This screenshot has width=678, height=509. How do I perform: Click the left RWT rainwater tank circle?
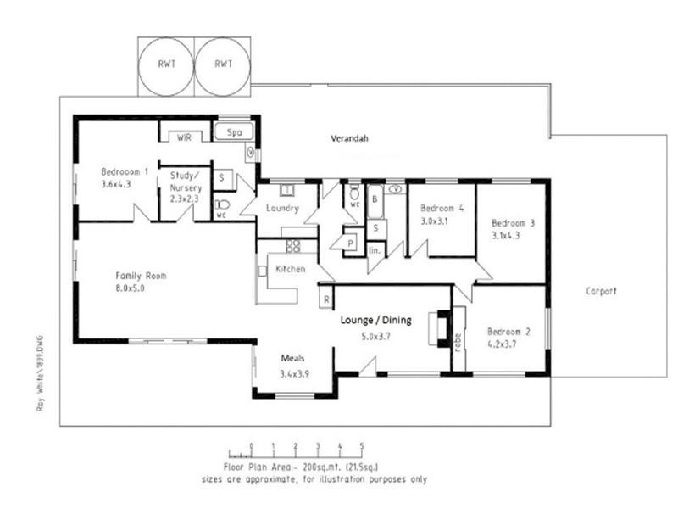click(x=165, y=64)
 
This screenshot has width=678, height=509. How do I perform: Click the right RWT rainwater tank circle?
click(x=223, y=64)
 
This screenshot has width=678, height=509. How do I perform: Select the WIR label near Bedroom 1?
click(x=184, y=137)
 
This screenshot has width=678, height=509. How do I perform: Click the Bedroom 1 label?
click(x=125, y=171)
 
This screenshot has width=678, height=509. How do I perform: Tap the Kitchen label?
click(x=291, y=270)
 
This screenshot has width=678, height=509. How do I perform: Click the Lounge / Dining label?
click(x=375, y=321)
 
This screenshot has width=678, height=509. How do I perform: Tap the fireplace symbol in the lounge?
click(x=438, y=329)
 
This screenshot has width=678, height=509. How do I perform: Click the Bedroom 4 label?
click(x=442, y=208)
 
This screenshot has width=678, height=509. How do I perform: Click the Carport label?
click(x=601, y=291)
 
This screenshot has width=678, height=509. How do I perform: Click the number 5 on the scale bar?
click(x=362, y=445)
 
